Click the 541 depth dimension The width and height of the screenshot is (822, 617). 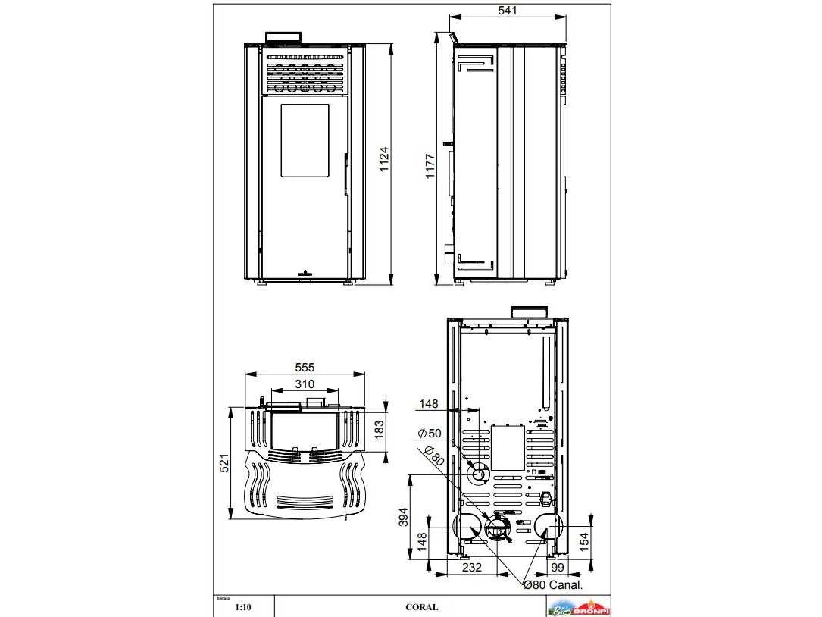point(508,11)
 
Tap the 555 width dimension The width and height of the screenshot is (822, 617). point(305,367)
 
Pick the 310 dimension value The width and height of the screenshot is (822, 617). point(304,384)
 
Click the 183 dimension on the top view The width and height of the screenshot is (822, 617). point(380,429)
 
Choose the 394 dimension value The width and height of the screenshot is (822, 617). point(404,518)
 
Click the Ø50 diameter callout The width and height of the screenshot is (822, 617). point(429,434)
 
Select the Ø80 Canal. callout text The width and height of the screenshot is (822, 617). point(552,584)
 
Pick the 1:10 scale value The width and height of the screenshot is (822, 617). point(242,607)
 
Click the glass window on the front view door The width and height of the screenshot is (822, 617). point(305,141)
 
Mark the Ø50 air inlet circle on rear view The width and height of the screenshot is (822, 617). point(478,475)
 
